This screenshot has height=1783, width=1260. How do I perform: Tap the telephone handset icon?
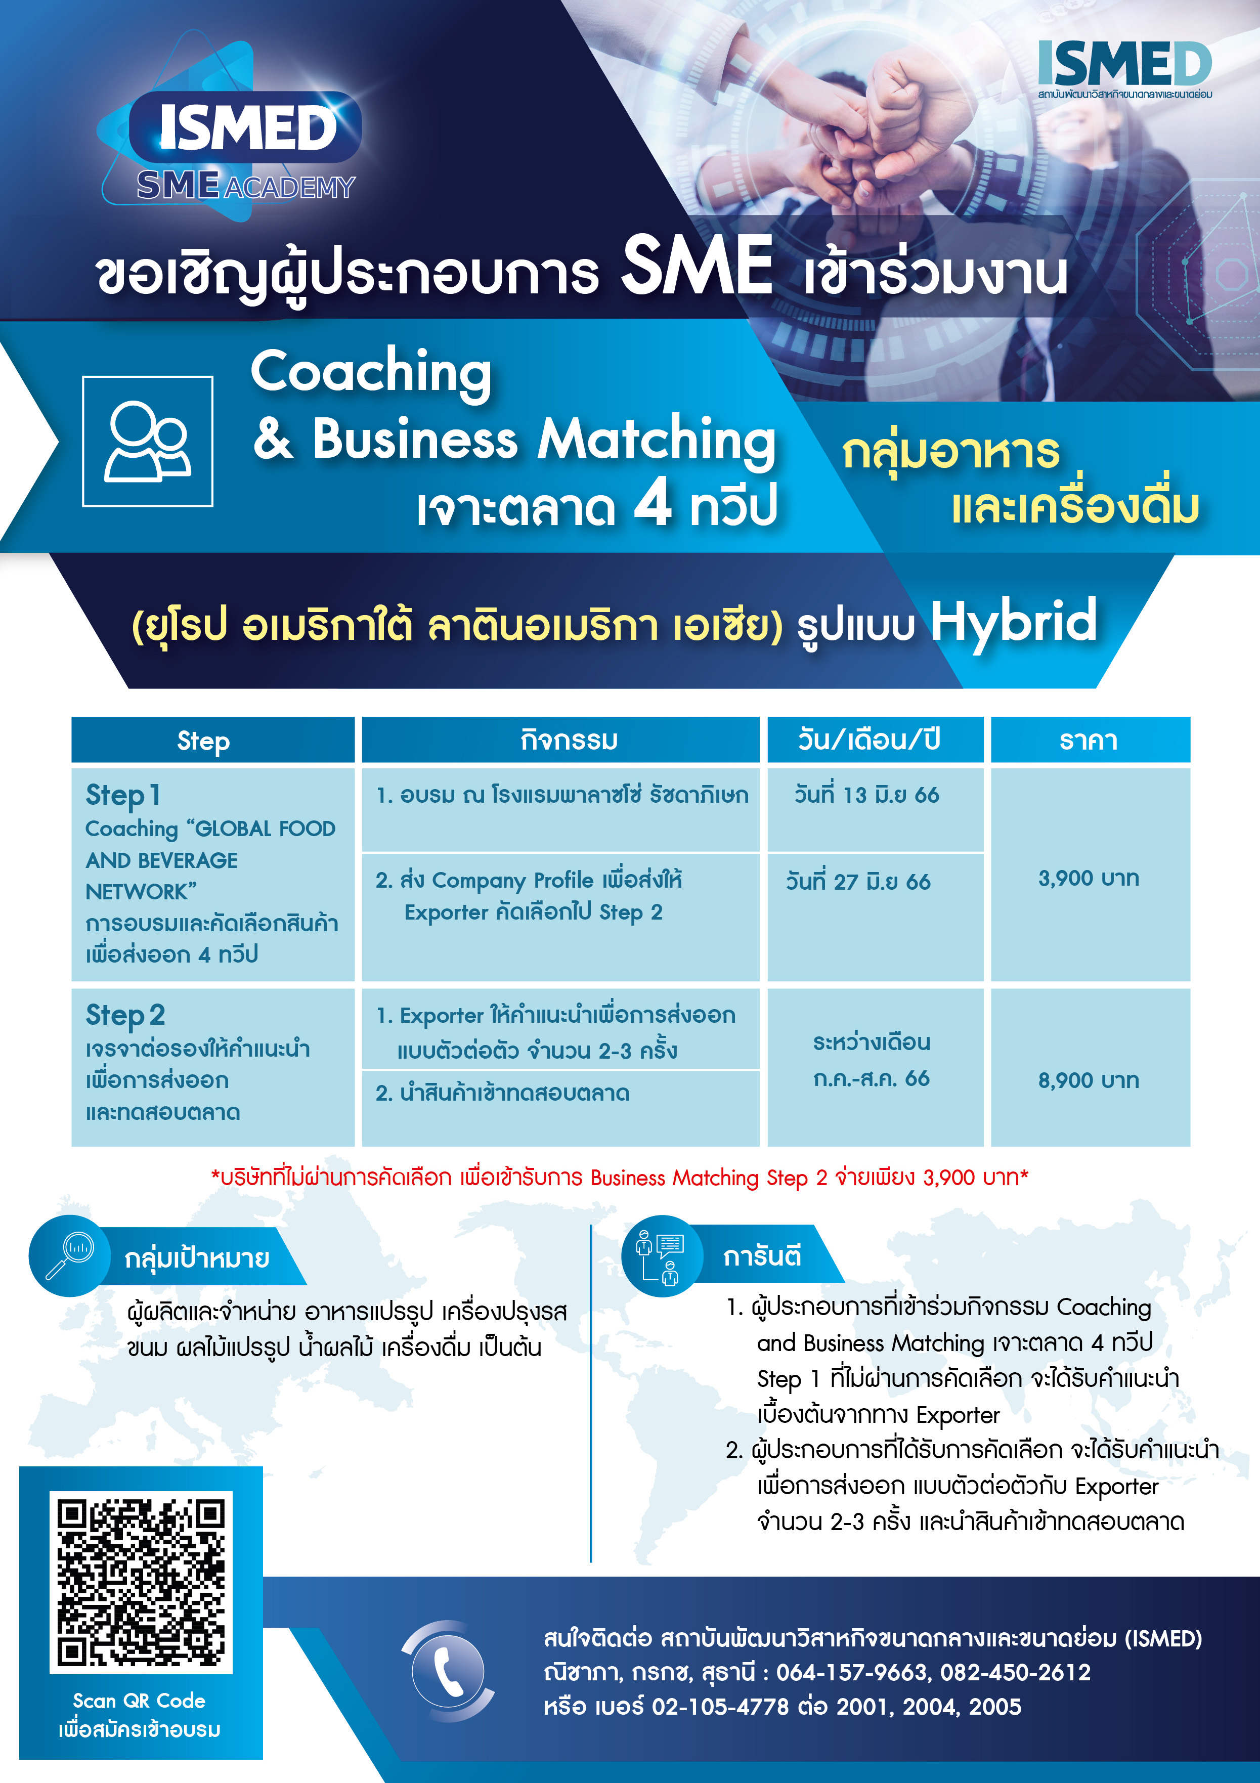(448, 1672)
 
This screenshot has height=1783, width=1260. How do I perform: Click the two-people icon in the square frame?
(148, 441)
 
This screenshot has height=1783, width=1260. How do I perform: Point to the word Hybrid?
(1013, 621)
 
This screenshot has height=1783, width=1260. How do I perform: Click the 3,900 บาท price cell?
(1089, 878)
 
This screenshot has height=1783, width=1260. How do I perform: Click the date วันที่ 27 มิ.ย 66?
(858, 882)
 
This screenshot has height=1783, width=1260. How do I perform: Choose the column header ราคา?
(1089, 740)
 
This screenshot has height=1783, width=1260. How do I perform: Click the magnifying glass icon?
(69, 1255)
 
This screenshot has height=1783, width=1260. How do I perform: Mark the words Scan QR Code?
(139, 1701)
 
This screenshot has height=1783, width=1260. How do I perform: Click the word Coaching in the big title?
(371, 371)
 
